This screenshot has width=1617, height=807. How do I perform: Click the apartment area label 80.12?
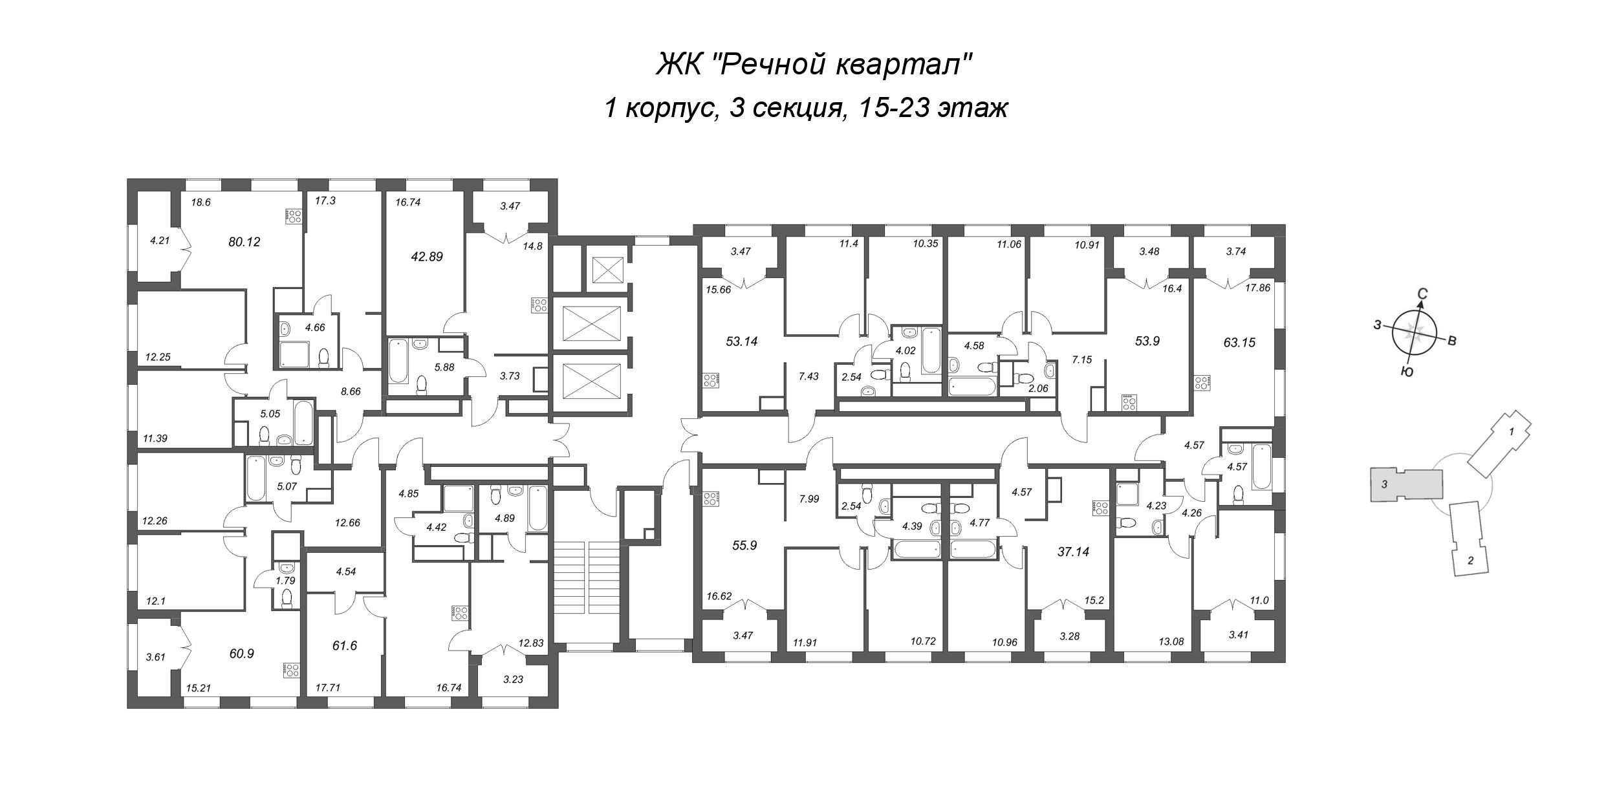click(x=244, y=242)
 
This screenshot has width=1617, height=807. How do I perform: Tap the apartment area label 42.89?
click(x=427, y=256)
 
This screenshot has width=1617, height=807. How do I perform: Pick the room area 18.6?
click(x=201, y=202)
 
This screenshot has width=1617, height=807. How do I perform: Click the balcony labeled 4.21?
click(x=159, y=241)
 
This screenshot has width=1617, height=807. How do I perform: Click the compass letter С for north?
click(x=1422, y=294)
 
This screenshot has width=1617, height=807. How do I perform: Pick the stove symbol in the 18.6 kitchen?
click(x=294, y=217)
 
